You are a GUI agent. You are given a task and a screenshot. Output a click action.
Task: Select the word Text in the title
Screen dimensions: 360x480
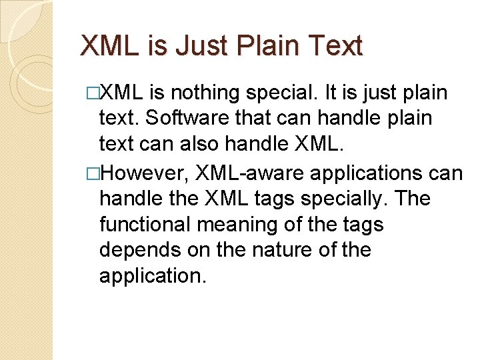click(x=333, y=47)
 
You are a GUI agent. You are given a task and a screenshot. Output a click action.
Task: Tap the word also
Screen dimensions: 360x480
click(x=201, y=145)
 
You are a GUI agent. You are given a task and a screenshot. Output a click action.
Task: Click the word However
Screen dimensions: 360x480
click(x=142, y=173)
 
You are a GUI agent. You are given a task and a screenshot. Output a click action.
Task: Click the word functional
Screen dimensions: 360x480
click(x=147, y=225)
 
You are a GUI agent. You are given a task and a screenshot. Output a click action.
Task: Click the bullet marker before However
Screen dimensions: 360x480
click(x=93, y=173)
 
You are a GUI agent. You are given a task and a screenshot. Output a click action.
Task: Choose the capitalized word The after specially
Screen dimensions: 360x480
click(x=413, y=199)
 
